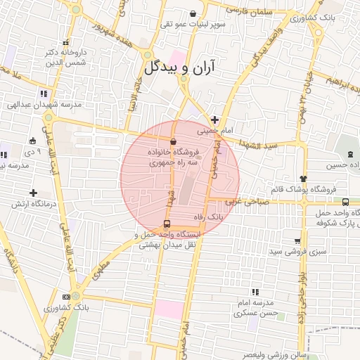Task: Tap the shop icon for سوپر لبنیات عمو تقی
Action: [193, 14]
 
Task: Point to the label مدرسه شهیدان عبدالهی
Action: [45, 104]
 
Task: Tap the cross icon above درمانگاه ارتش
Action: [33, 193]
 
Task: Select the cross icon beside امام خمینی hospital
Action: [214, 120]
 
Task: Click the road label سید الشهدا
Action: [262, 146]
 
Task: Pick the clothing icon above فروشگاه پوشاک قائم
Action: [303, 179]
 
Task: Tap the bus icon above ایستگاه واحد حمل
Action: [166, 224]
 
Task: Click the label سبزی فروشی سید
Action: [278, 250]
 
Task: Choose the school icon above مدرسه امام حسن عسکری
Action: [254, 292]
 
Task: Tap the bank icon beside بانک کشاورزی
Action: [66, 297]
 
